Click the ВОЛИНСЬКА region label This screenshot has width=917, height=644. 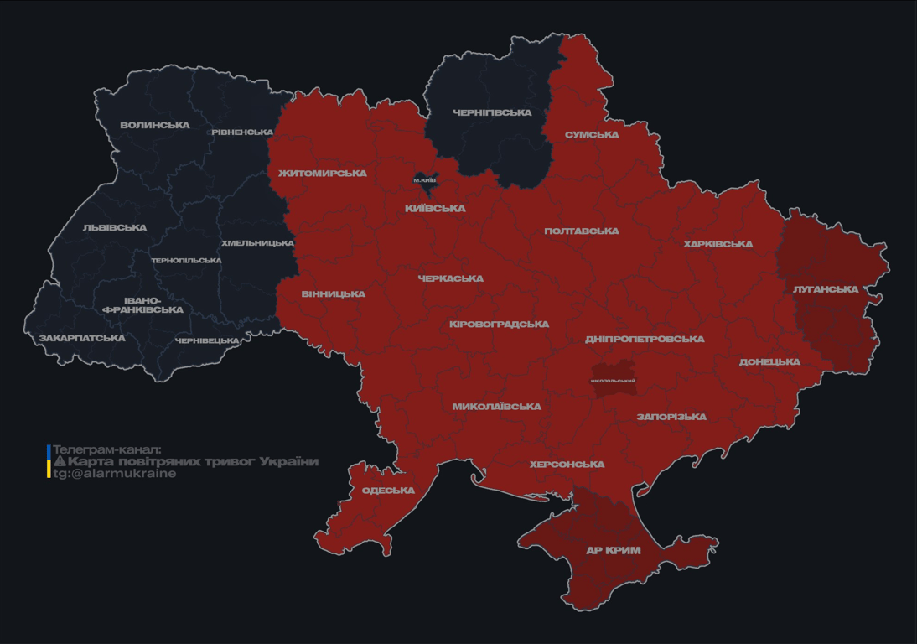[155, 126]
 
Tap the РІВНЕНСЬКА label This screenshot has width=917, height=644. [242, 132]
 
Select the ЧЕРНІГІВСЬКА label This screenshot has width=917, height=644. [492, 112]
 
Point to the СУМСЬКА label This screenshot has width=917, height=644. [592, 135]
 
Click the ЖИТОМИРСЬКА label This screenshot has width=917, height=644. [323, 174]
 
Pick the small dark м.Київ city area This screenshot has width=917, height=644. [425, 180]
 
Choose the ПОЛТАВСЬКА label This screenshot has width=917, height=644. [582, 231]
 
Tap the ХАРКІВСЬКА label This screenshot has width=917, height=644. [718, 245]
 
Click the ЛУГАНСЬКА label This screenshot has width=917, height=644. [826, 289]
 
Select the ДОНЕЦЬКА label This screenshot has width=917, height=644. [769, 362]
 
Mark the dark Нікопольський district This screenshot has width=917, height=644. [613, 380]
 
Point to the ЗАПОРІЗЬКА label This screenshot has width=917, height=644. [671, 417]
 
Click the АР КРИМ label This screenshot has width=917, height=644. [613, 551]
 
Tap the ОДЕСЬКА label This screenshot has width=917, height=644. [388, 491]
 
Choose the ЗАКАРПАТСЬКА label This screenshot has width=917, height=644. [82, 339]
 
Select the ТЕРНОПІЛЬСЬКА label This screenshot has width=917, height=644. [186, 261]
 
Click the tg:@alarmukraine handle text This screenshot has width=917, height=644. [115, 474]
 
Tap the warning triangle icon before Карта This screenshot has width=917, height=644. [60, 461]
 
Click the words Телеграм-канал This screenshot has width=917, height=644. [106, 449]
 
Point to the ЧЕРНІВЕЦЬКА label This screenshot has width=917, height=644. [207, 341]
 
